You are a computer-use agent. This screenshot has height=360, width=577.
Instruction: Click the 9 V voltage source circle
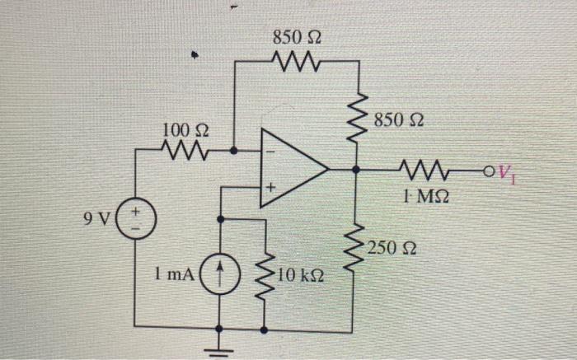click(x=134, y=222)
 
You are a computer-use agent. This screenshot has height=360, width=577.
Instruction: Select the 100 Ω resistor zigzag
click(x=184, y=151)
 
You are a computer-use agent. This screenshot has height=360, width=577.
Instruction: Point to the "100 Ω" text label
click(x=185, y=129)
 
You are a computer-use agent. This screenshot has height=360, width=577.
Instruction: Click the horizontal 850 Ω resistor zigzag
click(x=295, y=61)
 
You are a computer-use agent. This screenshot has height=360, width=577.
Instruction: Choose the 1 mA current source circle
click(x=220, y=272)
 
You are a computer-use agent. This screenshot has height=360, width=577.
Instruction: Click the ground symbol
click(x=220, y=342)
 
